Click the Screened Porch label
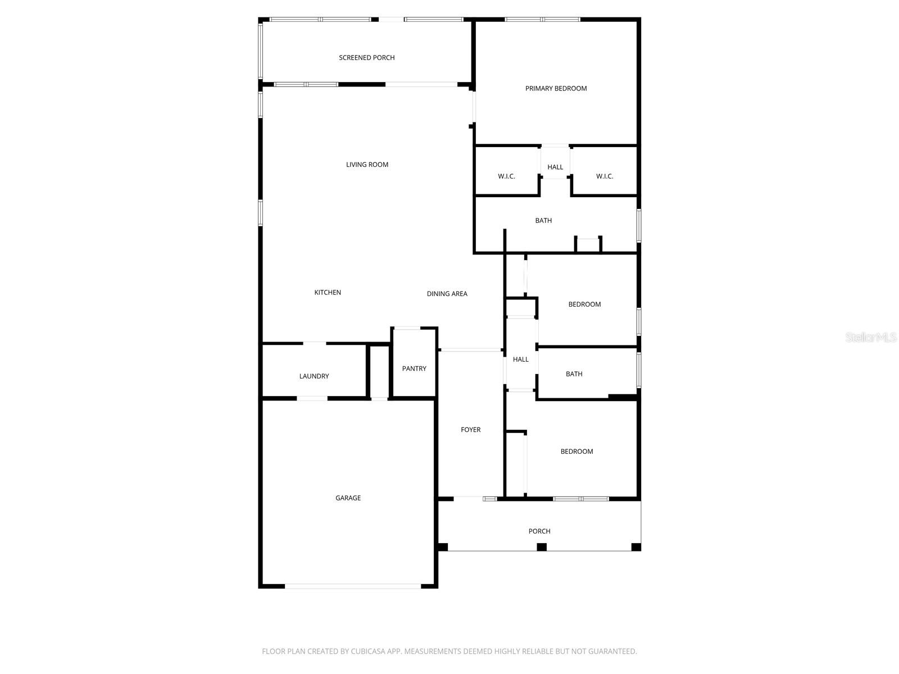coord(366,57)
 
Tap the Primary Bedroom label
coord(556,88)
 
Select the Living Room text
coord(367,165)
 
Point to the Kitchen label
coord(328,292)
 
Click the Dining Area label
coord(447,294)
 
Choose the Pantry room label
coord(414,368)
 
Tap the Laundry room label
coord(314,376)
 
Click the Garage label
coord(348,498)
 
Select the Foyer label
coord(470,430)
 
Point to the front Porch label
coord(539,531)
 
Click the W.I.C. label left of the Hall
coord(506,176)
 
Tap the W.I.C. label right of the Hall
coord(605,176)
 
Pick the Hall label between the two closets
coord(555,167)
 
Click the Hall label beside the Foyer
coord(520,359)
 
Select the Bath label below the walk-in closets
coord(543,221)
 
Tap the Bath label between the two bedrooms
coord(574,374)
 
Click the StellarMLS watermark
coord(870,337)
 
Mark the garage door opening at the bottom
coord(353,586)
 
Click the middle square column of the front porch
coord(542,547)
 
